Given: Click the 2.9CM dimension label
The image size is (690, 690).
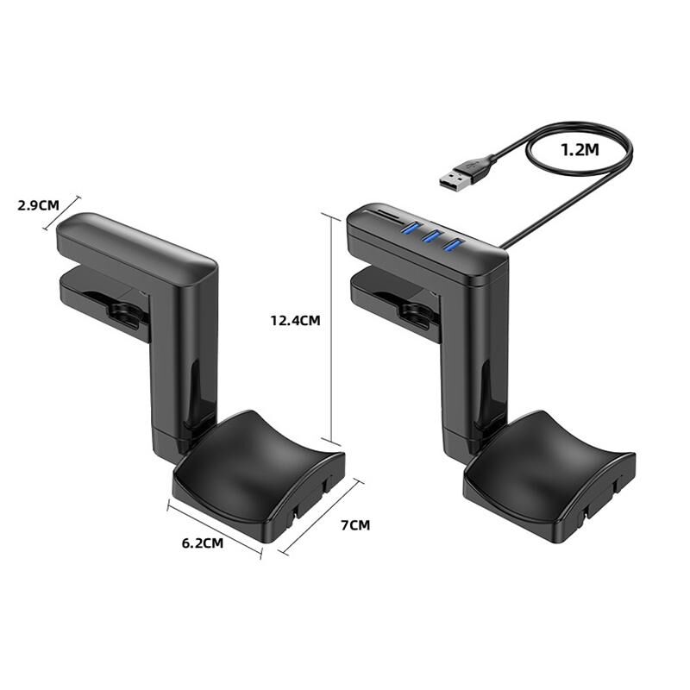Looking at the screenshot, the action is (x=38, y=205).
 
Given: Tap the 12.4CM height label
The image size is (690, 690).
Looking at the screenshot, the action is (x=295, y=320).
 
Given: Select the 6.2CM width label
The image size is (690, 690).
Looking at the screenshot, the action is (x=203, y=543).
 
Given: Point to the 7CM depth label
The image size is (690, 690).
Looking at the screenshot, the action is (x=355, y=525).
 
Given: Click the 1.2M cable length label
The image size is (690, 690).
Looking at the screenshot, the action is (x=580, y=150).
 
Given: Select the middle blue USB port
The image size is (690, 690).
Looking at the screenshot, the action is (x=432, y=236).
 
